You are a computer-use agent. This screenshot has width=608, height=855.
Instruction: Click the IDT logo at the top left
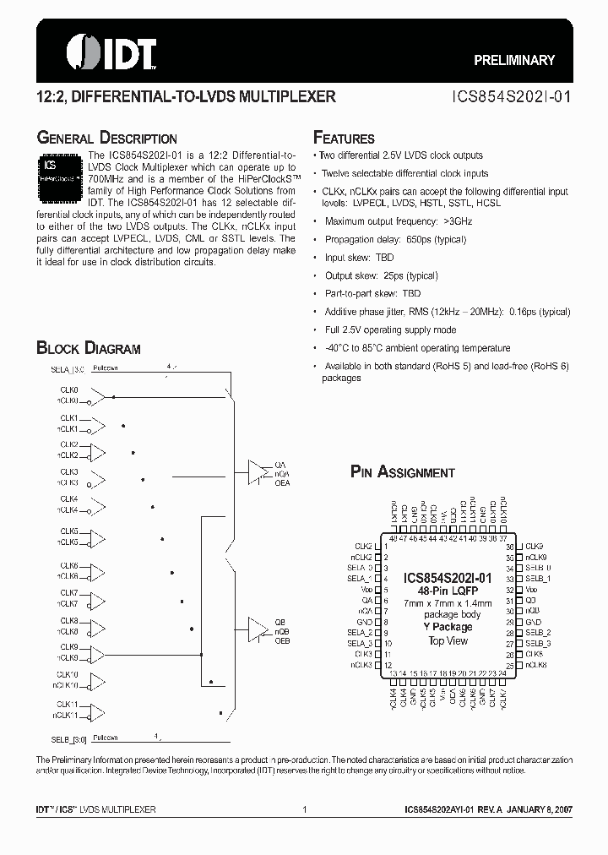point(93,52)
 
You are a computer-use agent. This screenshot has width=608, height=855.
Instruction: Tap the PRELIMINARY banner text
point(513,60)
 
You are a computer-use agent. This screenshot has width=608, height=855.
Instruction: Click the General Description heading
point(106,138)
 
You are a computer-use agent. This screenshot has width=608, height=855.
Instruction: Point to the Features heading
point(344,138)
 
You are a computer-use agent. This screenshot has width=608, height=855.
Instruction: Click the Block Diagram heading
point(88,348)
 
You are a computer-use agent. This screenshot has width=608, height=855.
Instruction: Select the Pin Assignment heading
point(402,472)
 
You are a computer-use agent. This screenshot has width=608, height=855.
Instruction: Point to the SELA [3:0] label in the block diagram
point(68,369)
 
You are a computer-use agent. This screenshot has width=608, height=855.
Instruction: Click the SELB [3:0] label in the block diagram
point(68,738)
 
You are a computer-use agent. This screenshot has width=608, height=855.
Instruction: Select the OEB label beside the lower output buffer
point(283,640)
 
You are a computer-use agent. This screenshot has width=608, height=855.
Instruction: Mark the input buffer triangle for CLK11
point(99,710)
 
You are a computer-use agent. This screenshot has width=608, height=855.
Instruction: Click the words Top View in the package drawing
point(448,640)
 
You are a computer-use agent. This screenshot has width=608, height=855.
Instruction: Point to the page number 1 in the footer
point(303,809)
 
